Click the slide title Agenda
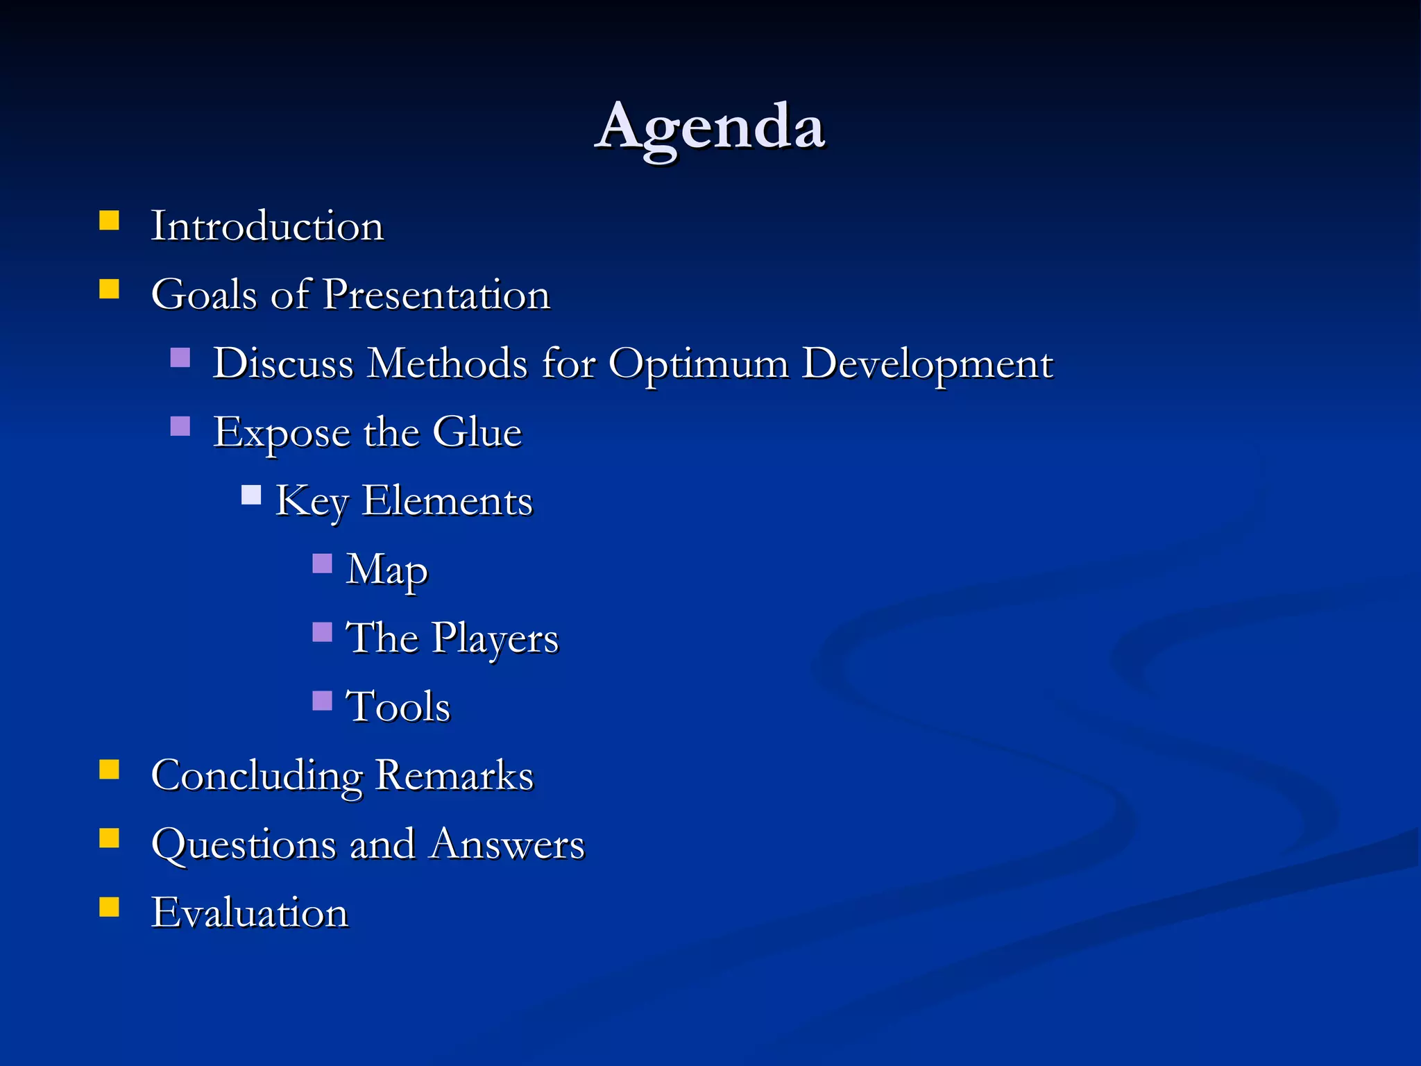pos(710,128)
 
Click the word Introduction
pos(267,226)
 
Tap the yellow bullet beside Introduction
pos(110,221)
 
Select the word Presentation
pos(436,295)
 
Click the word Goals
pos(205,295)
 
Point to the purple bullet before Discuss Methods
pos(180,358)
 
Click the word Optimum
pos(698,364)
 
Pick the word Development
pos(927,364)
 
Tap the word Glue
pos(477,432)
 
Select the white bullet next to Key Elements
pos(251,495)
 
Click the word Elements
pos(448,501)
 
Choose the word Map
pos(386,570)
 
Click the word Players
pos(495,638)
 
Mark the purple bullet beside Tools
pos(323,701)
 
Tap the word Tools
pos(398,707)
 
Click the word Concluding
pos(257,776)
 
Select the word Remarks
pos(454,776)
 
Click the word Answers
pos(507,845)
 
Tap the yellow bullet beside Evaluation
pos(110,907)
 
